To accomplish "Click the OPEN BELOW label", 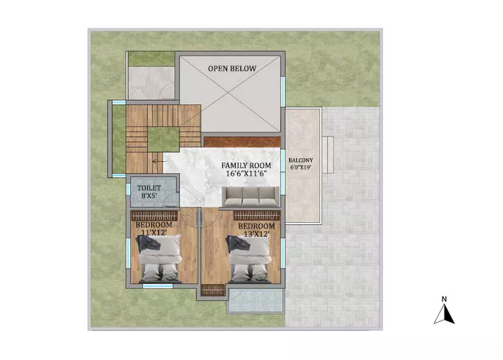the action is click(232, 69).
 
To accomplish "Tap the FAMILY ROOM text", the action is click(246, 166).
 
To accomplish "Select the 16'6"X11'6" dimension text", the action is click(246, 174).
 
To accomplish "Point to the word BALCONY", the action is click(300, 160).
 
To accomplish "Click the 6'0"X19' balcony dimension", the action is click(300, 167).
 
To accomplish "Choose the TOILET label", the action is click(149, 188).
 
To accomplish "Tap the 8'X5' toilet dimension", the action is click(149, 195).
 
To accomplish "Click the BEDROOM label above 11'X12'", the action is click(154, 225).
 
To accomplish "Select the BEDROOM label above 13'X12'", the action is click(257, 226).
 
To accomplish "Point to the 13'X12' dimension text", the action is click(257, 234).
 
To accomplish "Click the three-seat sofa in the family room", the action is click(250, 196).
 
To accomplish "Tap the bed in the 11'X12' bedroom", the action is click(158, 258).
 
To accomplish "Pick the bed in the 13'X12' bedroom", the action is click(248, 258).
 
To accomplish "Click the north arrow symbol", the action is click(445, 314).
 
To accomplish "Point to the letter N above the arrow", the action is click(445, 299).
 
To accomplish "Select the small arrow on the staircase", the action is click(157, 161).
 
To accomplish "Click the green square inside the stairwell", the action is click(163, 139).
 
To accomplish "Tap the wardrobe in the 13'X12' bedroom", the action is click(257, 216).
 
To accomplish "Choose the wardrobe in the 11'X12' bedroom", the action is click(154, 215).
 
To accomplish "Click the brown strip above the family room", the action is click(242, 142).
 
